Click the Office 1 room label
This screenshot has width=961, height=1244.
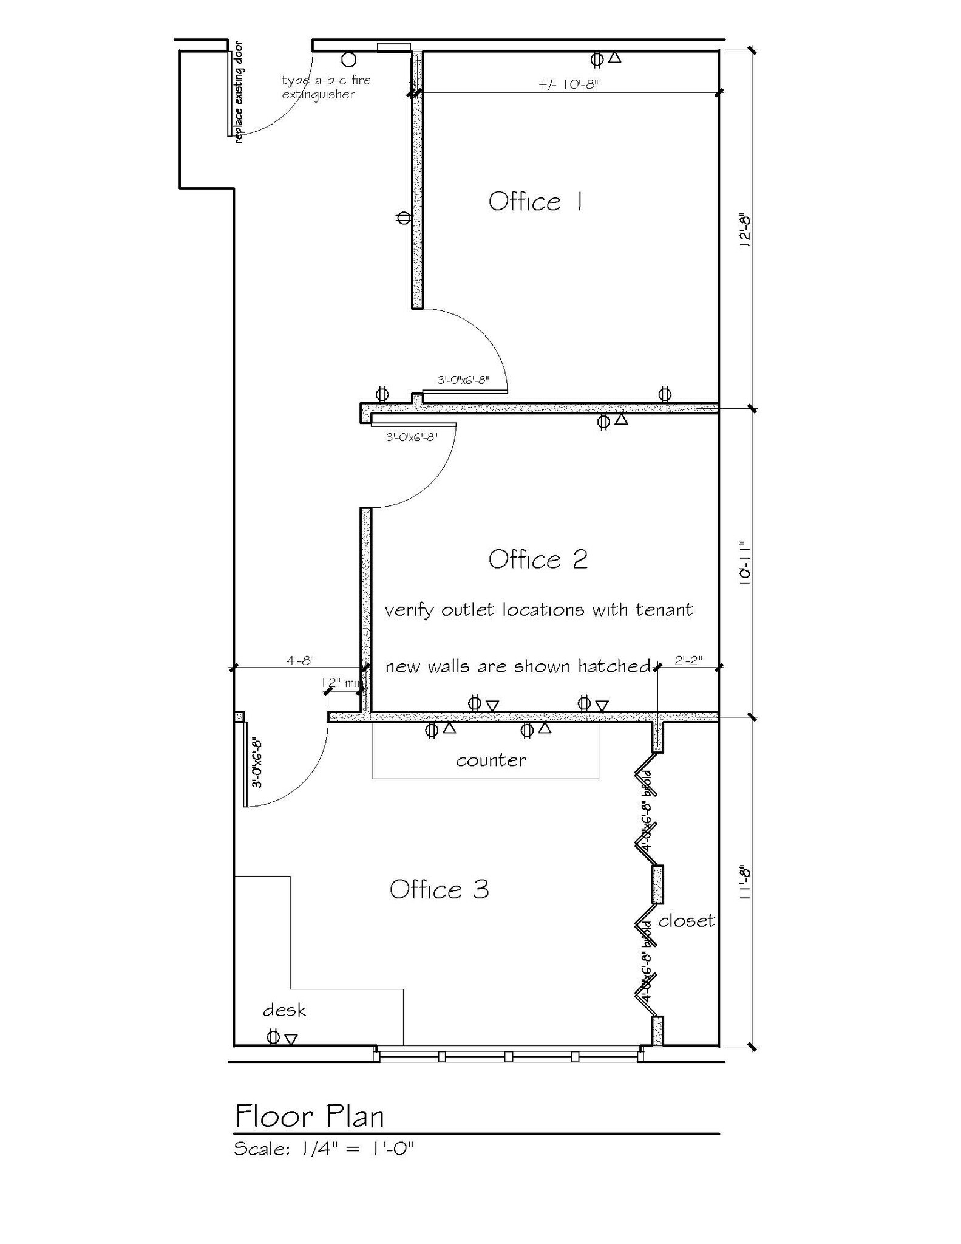click(536, 202)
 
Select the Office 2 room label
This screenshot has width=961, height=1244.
click(538, 559)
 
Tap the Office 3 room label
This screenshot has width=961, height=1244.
click(439, 890)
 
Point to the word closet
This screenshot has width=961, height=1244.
click(687, 921)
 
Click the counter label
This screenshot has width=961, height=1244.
click(491, 760)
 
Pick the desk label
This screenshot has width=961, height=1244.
click(284, 1011)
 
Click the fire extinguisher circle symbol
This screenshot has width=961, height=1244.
click(348, 60)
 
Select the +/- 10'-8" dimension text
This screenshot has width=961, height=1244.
click(568, 84)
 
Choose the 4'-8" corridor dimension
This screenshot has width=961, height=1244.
click(300, 660)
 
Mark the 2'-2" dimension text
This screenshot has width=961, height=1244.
click(688, 660)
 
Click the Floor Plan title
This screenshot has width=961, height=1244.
click(310, 1116)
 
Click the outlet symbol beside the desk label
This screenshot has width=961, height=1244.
click(274, 1037)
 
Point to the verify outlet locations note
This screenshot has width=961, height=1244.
click(538, 610)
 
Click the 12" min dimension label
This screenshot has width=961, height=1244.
click(342, 683)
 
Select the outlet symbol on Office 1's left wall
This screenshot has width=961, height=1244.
click(404, 217)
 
